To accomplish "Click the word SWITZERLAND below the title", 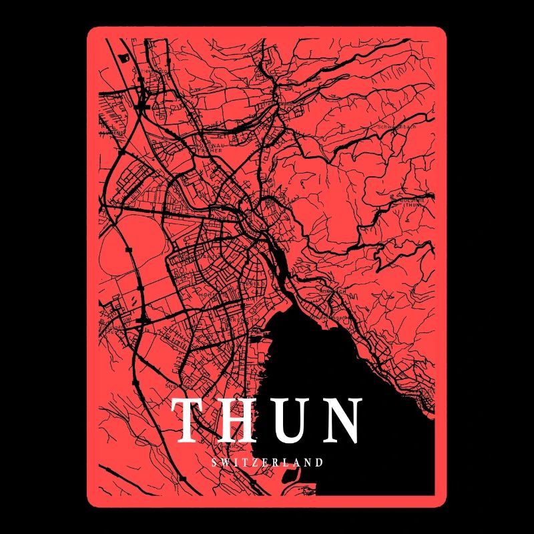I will [x=267, y=462].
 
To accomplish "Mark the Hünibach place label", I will [x=332, y=292].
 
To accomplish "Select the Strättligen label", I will [x=179, y=386].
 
